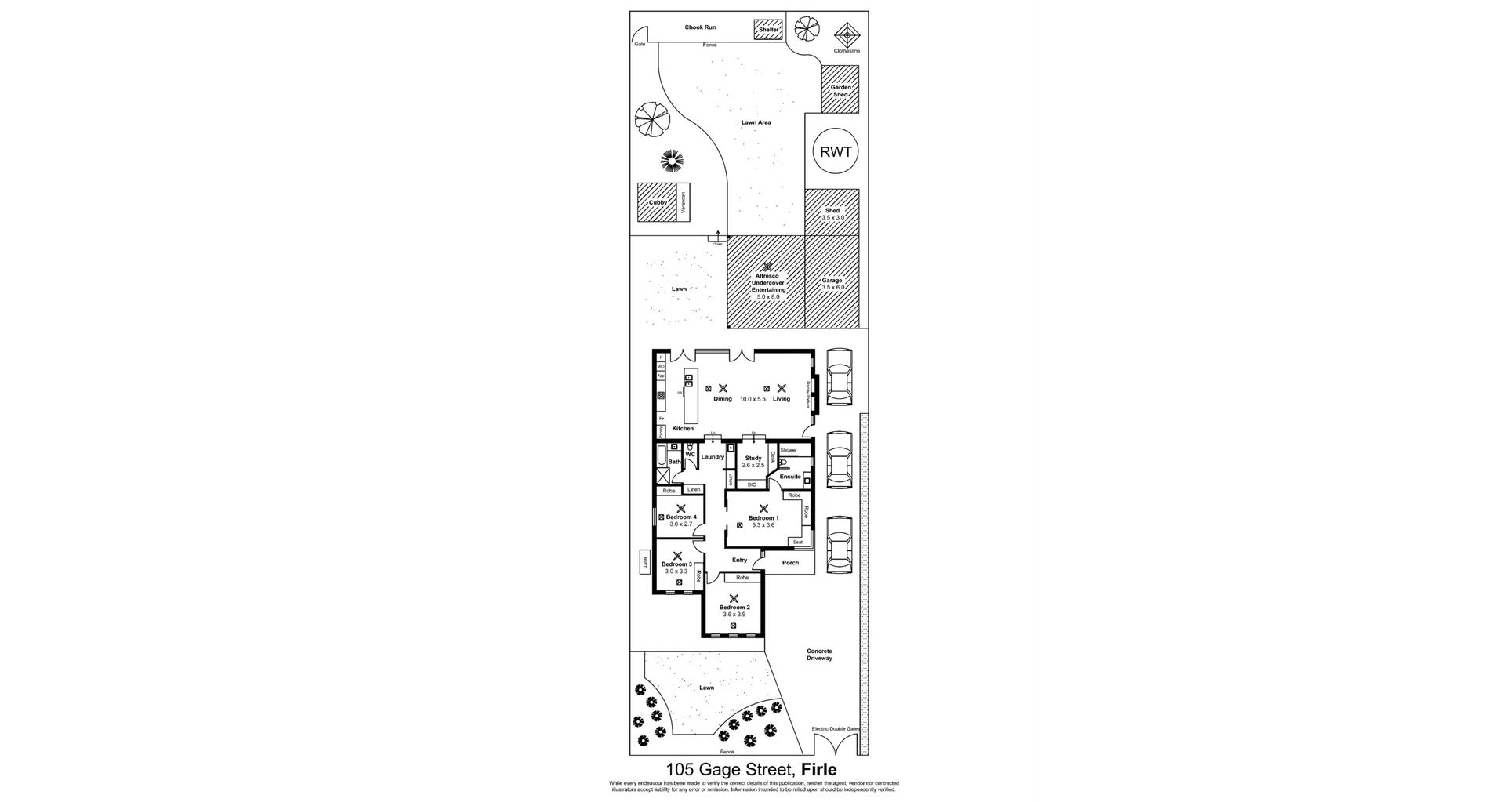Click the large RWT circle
click(836, 152)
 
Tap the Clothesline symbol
click(847, 34)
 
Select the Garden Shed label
click(840, 91)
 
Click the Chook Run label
click(700, 27)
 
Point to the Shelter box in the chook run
click(768, 30)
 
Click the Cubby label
click(658, 202)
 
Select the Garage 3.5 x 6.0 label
click(832, 284)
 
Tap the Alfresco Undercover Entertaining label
click(768, 286)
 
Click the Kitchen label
click(683, 429)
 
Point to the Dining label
click(722, 399)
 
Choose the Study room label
click(753, 458)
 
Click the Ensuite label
click(790, 477)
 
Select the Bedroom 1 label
click(763, 518)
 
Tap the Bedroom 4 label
click(681, 517)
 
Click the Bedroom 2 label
click(734, 608)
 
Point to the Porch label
click(790, 563)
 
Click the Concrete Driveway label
click(819, 655)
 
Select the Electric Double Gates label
click(836, 729)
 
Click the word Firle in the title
click(815, 770)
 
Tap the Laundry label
click(713, 457)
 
